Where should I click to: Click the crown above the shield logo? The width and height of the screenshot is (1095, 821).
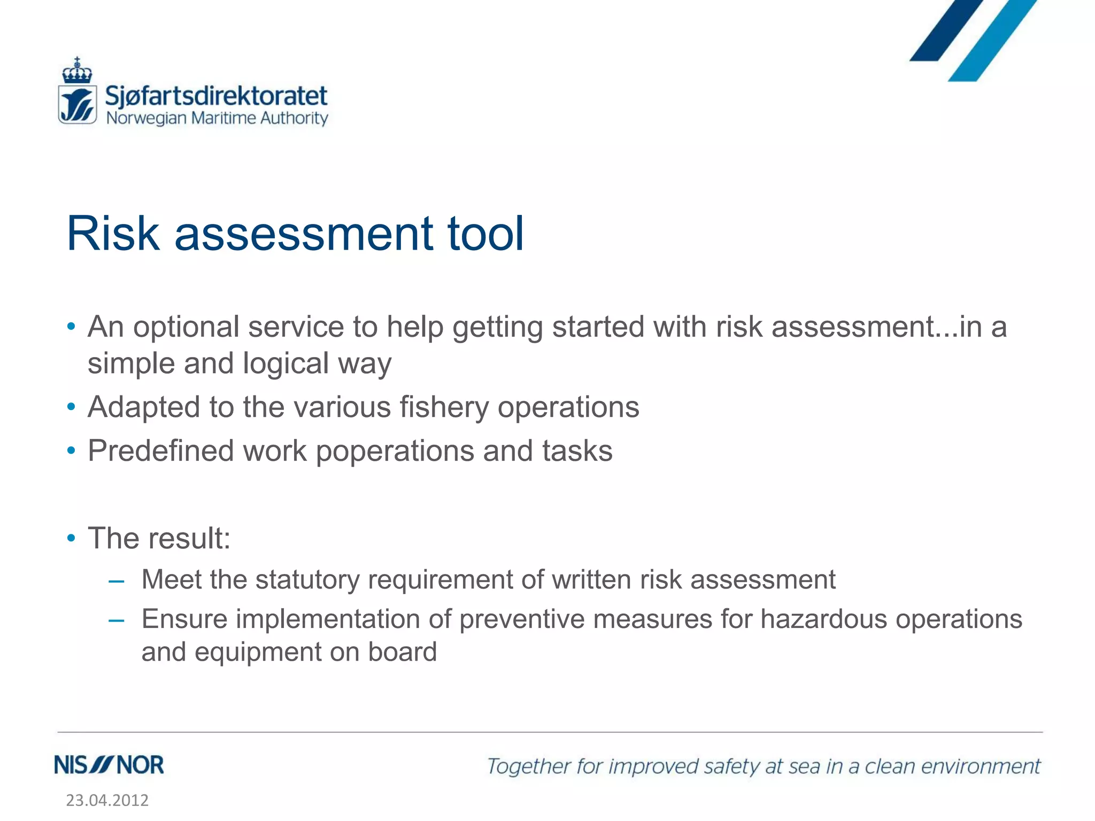[x=77, y=71]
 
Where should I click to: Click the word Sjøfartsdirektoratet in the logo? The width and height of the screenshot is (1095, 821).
[x=216, y=96]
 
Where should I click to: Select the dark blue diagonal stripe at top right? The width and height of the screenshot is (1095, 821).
[x=946, y=30]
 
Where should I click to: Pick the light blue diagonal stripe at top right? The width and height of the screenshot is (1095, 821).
[x=992, y=41]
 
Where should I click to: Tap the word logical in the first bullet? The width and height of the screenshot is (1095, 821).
[x=286, y=364]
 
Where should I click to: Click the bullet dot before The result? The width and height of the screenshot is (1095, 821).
[x=71, y=538]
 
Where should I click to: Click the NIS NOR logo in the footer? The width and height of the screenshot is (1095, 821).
[x=109, y=765]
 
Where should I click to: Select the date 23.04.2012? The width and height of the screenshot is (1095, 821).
[x=107, y=800]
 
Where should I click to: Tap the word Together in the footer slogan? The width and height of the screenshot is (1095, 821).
[x=529, y=766]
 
